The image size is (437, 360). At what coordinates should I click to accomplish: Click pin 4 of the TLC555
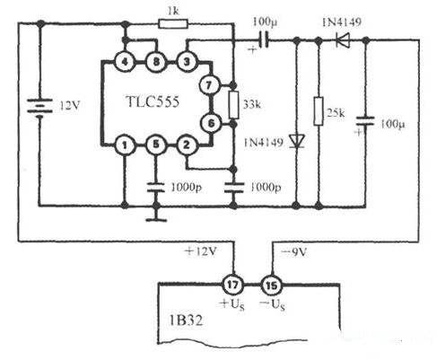pos(125,62)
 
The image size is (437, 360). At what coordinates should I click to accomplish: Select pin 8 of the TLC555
pos(156,62)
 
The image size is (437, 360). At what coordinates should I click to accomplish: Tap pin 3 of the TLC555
pos(187,62)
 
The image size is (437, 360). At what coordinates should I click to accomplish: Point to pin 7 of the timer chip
pos(209,85)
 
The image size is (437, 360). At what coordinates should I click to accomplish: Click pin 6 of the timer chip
pos(211,123)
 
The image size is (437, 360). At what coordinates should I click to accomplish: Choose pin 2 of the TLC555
pos(187,145)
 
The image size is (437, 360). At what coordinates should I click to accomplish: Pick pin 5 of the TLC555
pos(155,145)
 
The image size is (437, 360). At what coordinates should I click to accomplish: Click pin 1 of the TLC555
pos(125,145)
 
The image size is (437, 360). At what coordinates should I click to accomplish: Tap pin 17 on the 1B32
pos(232,285)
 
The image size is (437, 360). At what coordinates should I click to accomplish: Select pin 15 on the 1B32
pos(272,285)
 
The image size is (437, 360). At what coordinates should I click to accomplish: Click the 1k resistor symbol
pos(173,23)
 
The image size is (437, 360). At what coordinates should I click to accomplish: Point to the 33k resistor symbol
pos(234,105)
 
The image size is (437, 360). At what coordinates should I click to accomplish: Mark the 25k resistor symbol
pos(319,111)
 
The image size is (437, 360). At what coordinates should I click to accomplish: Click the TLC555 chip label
pos(153,102)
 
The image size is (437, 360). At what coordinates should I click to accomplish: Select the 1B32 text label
pos(186,320)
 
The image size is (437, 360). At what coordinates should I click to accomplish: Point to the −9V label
pos(294,252)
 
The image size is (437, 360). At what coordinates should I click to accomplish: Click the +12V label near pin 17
pos(201,251)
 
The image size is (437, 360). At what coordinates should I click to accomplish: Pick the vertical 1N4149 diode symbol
pos(296,141)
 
